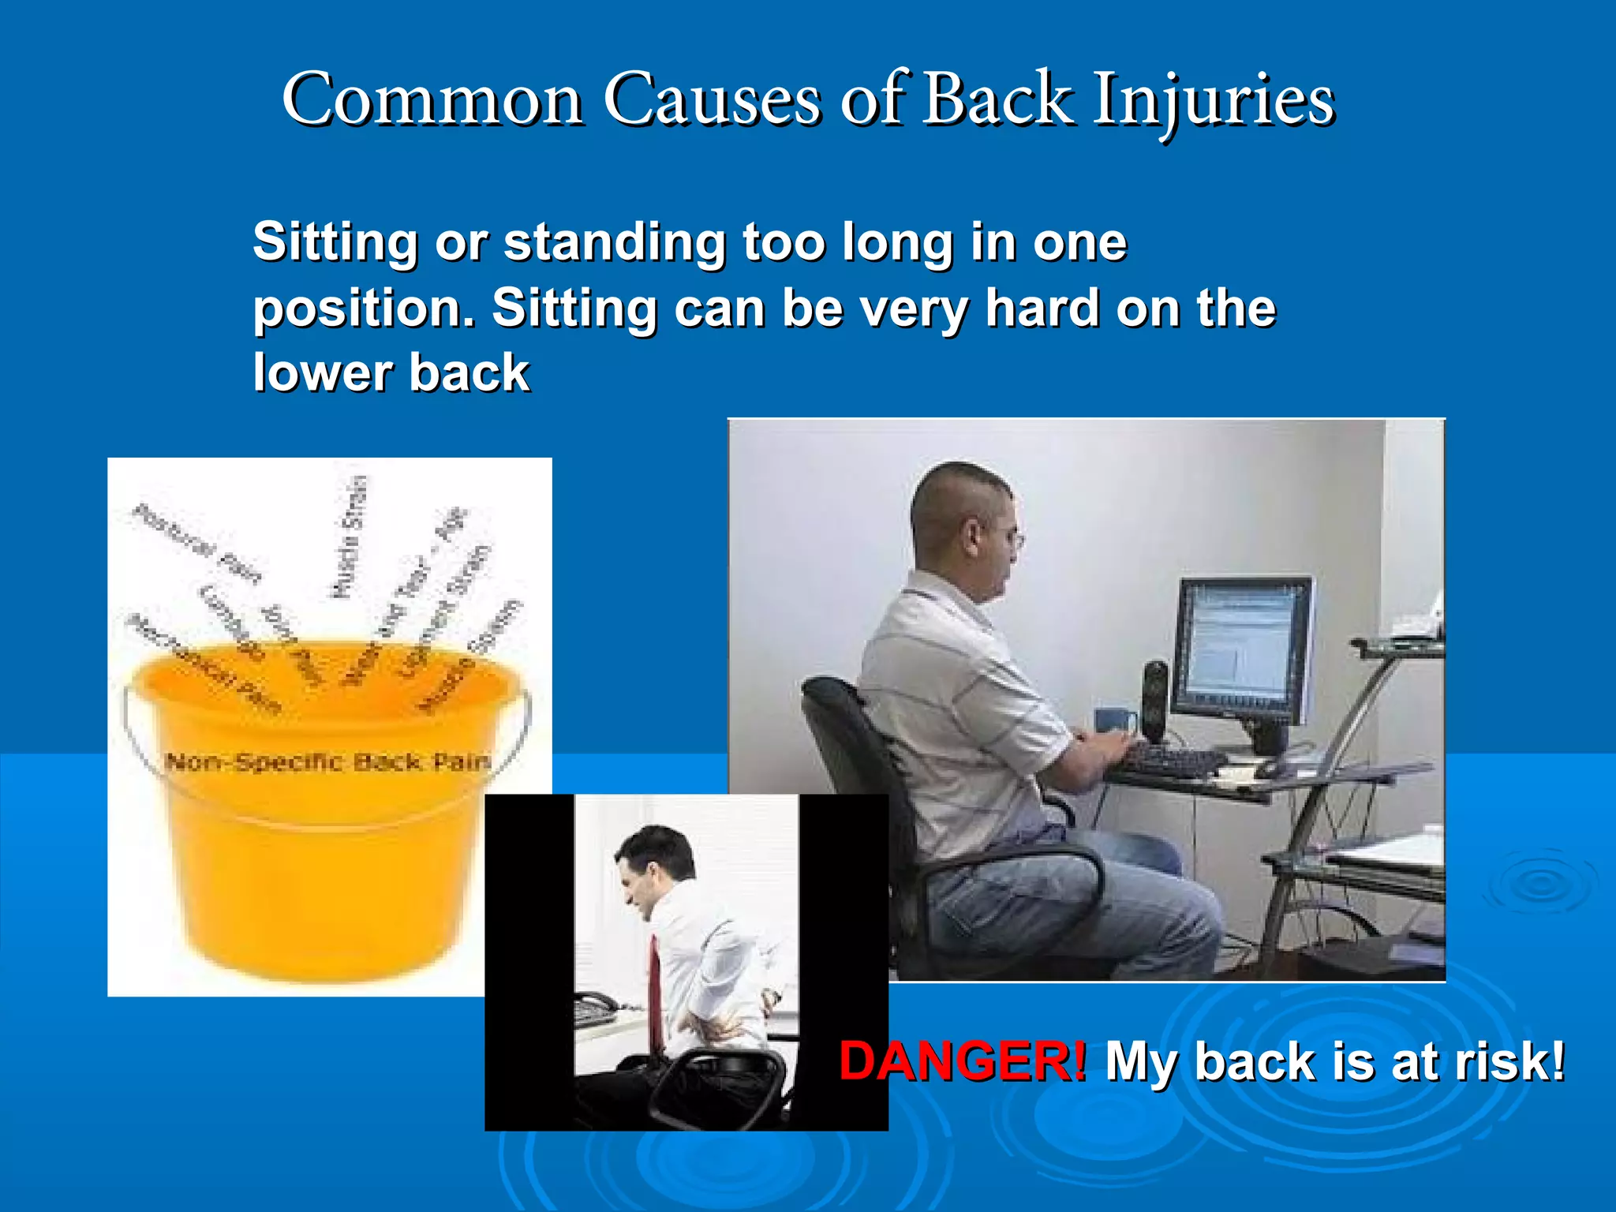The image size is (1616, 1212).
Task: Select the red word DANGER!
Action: (962, 1061)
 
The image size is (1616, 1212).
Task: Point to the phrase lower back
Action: (391, 372)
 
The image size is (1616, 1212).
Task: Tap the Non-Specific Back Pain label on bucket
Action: (327, 762)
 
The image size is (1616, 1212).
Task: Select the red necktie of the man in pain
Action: (655, 986)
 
